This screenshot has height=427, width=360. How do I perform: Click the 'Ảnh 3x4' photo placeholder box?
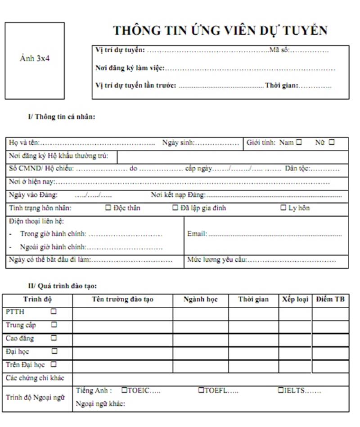[x=35, y=61]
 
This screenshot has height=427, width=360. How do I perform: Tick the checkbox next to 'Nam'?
[x=299, y=142]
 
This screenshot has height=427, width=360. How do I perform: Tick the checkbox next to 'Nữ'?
[x=332, y=142]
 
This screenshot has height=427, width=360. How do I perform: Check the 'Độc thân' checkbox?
[x=108, y=208]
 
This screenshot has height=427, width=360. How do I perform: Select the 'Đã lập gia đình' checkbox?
[x=175, y=208]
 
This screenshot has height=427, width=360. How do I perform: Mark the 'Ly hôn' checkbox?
[x=283, y=208]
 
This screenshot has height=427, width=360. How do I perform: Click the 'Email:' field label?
[x=197, y=234]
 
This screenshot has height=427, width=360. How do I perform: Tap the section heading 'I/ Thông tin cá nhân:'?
[x=61, y=117]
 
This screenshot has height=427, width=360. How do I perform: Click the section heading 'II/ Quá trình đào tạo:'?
[x=63, y=286]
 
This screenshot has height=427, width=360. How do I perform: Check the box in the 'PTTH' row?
[x=54, y=311]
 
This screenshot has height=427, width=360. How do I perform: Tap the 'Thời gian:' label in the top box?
[x=281, y=85]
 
